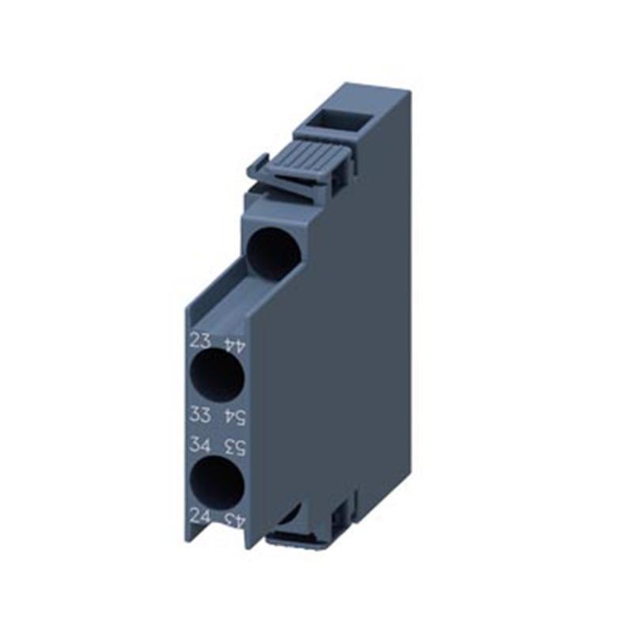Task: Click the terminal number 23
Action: point(200,341)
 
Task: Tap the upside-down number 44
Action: point(233,345)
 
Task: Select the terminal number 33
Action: point(200,413)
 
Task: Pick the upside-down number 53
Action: point(234,447)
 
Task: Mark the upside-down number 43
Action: point(234,521)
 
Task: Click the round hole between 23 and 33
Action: point(217,377)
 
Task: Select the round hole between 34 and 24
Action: point(217,482)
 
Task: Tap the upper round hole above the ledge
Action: point(273,252)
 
